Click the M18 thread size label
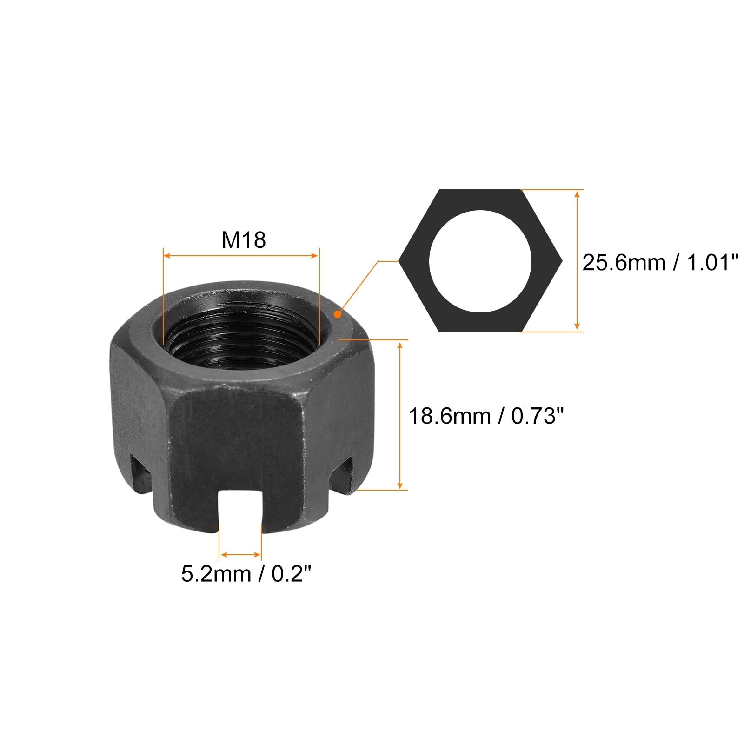click(x=243, y=240)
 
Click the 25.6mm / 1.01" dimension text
click(x=660, y=263)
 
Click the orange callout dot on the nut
click(x=338, y=314)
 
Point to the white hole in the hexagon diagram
click(x=480, y=261)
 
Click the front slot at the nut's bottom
click(x=240, y=510)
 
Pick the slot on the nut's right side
click(x=343, y=473)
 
